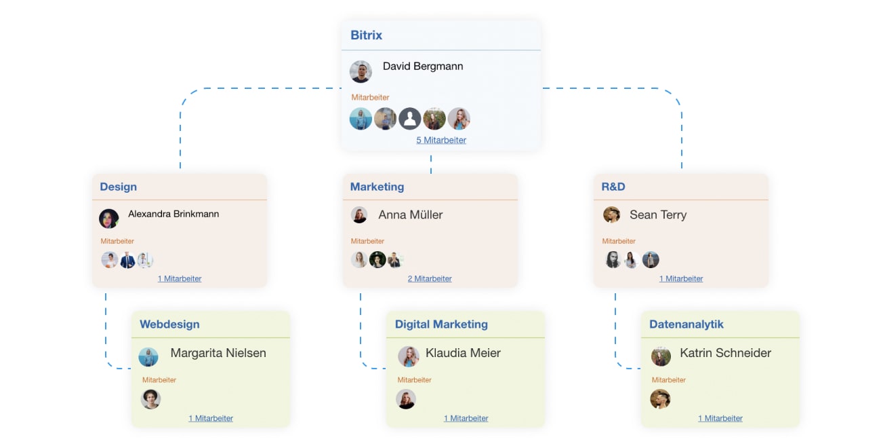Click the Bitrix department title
(x=366, y=35)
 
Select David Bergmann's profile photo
(x=361, y=71)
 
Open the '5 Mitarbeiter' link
(x=441, y=140)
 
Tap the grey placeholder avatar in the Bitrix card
(x=409, y=119)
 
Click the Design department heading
(x=118, y=187)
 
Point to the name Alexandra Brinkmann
(x=173, y=214)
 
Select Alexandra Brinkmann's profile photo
(x=108, y=218)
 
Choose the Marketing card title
(x=377, y=187)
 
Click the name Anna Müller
(x=410, y=214)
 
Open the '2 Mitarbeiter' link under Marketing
(x=430, y=278)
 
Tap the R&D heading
(x=613, y=187)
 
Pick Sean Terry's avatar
(x=611, y=214)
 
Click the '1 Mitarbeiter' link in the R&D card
(x=681, y=278)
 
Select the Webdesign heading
(x=169, y=324)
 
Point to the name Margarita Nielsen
(x=218, y=353)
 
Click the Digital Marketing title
(x=441, y=324)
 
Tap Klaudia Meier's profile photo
(x=408, y=356)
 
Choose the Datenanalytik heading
(x=686, y=324)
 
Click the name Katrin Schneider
(x=725, y=353)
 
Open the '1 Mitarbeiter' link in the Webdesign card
(x=211, y=418)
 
